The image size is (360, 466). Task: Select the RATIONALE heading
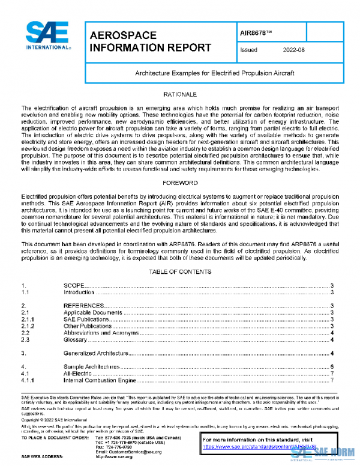(179, 95)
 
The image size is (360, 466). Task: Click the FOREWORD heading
(179, 181)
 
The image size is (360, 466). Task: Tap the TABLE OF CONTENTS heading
(179, 271)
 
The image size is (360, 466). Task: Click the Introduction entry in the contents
(79, 292)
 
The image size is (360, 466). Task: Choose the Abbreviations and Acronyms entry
(101, 333)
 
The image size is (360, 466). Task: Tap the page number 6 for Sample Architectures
(332, 366)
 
